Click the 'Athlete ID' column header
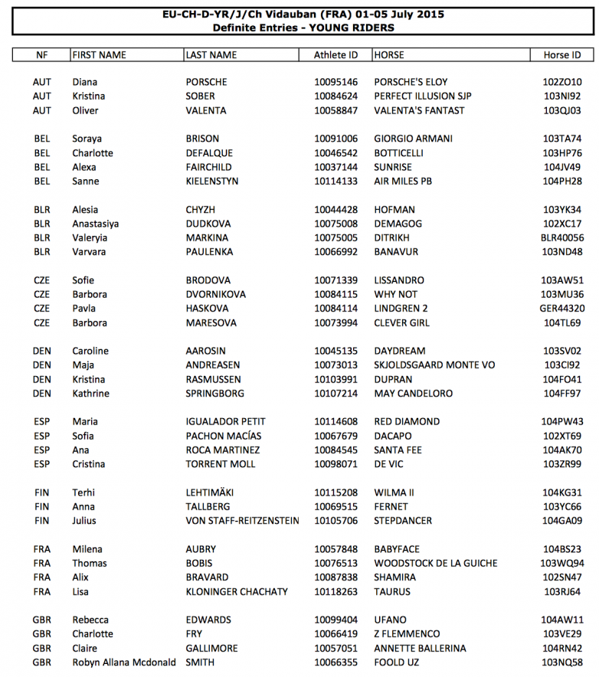coord(336,55)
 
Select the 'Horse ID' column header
coord(562,55)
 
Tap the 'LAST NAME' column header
coord(211,55)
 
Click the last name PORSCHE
coord(208,82)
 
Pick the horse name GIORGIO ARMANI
coord(413,139)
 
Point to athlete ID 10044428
coord(336,210)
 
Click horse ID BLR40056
coord(562,238)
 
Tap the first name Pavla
coord(84,309)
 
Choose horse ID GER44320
coord(562,309)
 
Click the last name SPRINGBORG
coord(215,394)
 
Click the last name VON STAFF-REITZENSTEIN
coord(243,521)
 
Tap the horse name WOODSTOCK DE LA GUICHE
coord(436,564)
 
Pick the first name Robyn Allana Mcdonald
coord(124,662)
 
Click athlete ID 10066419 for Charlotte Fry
coord(336,634)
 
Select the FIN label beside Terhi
coord(42,492)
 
